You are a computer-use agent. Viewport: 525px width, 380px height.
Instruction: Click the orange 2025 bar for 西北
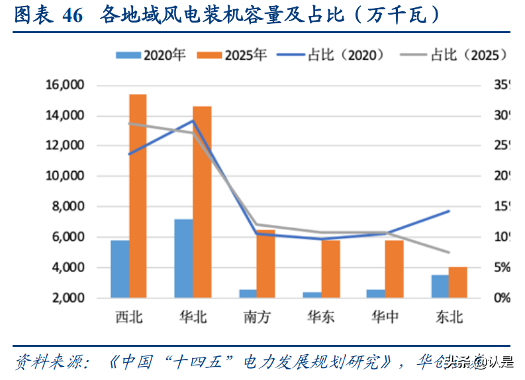(138, 196)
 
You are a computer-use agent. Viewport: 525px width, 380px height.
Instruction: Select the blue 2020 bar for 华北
(183, 258)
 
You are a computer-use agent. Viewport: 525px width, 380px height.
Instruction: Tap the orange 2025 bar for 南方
(265, 264)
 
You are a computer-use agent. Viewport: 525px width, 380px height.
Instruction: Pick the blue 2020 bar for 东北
(440, 286)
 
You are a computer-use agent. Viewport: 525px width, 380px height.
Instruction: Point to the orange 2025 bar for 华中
(394, 269)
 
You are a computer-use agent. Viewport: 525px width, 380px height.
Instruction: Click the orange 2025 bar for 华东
(330, 269)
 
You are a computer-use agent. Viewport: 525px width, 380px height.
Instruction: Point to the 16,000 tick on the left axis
(64, 85)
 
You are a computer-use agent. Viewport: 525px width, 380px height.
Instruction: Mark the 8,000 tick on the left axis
(69, 207)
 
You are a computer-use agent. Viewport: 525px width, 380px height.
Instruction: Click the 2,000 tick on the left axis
(69, 298)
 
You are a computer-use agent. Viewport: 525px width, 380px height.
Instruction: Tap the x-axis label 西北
(128, 318)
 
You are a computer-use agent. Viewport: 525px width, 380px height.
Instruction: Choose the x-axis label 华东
(320, 318)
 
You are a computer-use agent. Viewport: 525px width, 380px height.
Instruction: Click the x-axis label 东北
(449, 318)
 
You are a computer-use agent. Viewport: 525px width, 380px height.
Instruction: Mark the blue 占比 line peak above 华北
(193, 121)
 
